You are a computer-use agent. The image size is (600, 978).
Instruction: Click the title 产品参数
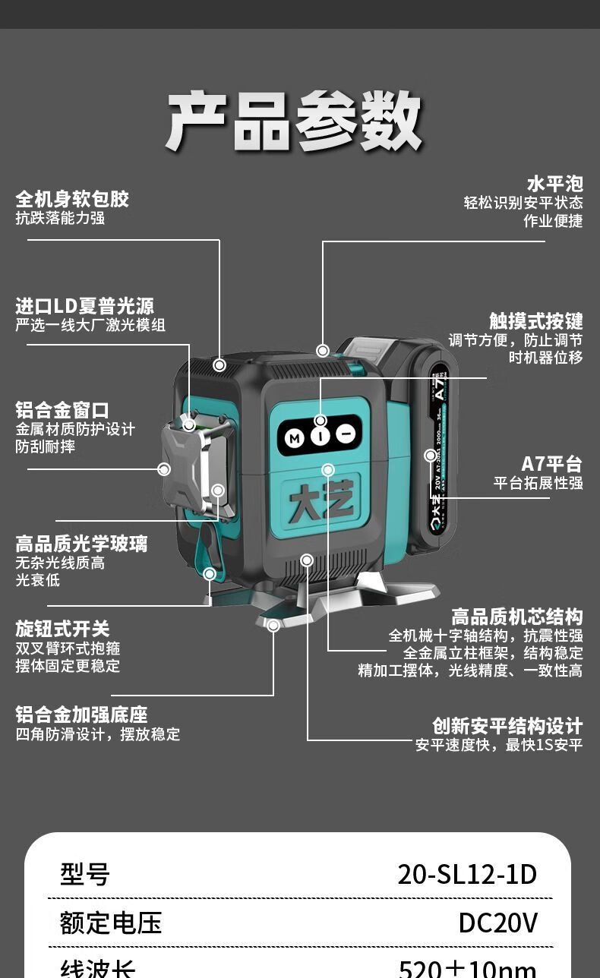point(293,121)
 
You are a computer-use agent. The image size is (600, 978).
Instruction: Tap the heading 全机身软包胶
point(72,200)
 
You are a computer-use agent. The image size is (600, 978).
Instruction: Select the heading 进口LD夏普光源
point(84,306)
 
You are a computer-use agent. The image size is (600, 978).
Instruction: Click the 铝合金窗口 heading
point(62,410)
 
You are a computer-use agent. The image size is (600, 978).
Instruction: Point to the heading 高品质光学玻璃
point(81,544)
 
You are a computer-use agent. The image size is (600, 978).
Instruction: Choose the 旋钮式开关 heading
point(62,629)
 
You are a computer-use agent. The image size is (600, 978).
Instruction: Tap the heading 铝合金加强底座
point(81,715)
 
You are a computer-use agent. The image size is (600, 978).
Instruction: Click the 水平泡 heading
point(554,184)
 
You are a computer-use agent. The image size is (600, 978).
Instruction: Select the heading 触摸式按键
point(535,320)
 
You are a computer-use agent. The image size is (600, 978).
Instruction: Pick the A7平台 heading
point(551,464)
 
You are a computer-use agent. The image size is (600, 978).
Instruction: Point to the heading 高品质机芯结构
point(516,617)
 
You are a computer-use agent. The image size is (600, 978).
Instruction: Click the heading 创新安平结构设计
point(507,726)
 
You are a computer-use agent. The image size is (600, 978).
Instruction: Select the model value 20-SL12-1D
point(467,875)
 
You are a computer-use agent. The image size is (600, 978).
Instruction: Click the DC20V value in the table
point(497,923)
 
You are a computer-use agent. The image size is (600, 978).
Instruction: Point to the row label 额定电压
point(111,923)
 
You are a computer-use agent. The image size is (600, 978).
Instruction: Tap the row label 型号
point(85,875)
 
